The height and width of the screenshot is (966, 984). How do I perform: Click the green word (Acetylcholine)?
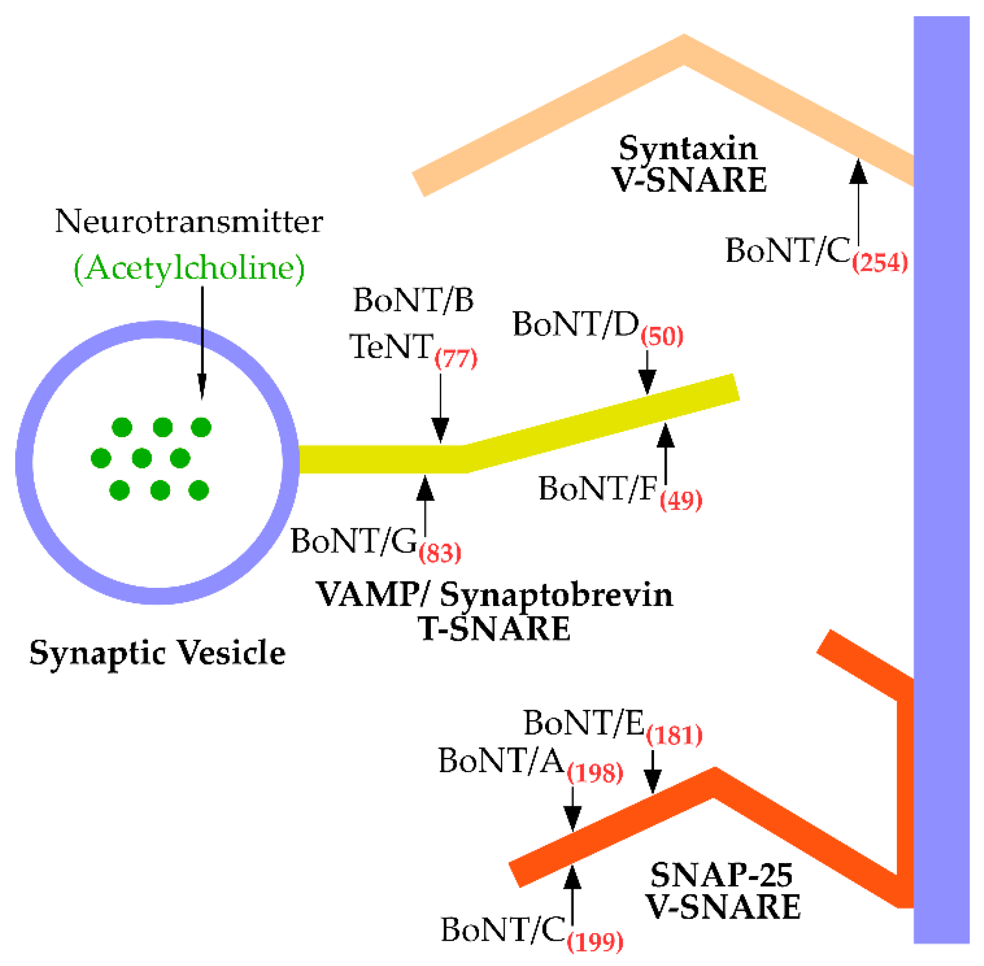coord(189,268)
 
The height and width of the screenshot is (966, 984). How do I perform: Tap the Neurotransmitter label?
coord(189,221)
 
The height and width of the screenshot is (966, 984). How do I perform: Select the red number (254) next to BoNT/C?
coord(880,262)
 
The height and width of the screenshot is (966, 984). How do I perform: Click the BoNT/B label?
coord(413,300)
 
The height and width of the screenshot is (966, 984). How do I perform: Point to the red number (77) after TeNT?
coord(456,359)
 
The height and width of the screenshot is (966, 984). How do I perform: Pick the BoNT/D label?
coord(576,324)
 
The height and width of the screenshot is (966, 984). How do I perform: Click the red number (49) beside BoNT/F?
coord(681,500)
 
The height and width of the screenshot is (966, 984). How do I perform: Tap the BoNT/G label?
coord(353,541)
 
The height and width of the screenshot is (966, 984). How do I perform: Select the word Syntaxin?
coord(688,149)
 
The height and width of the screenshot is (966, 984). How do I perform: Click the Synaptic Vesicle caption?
coord(157,653)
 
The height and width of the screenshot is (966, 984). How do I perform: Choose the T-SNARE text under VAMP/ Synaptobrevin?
coord(494,629)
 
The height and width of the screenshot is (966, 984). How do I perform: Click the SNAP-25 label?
coord(721,875)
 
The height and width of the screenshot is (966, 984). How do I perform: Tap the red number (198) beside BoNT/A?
coord(595,773)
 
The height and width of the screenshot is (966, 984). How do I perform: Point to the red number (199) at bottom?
coord(595,941)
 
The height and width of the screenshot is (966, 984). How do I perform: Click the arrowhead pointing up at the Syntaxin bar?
coord(858,171)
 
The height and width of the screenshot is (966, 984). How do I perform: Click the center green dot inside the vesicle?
coord(141,458)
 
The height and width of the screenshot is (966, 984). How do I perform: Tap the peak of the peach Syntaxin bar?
coord(684,50)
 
